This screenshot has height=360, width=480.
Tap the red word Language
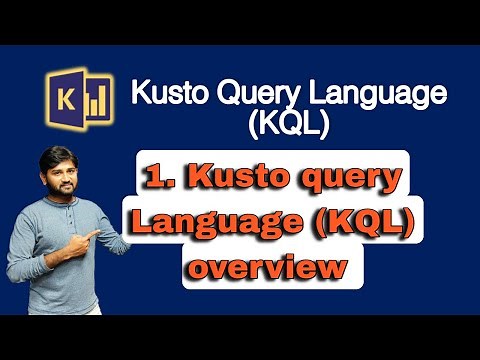click(x=215, y=225)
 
